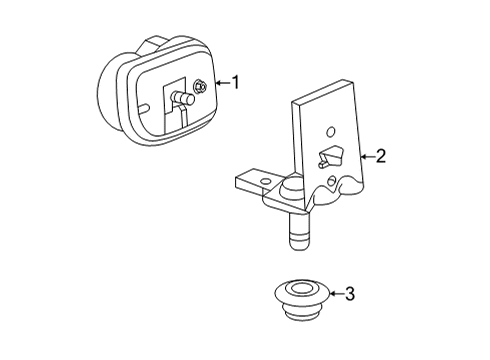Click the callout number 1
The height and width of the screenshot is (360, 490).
(236, 82)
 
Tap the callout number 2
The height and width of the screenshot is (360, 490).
(380, 155)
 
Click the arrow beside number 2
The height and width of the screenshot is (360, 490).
(364, 155)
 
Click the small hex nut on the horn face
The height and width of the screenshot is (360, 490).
(200, 86)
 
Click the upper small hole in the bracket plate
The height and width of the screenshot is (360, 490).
(329, 128)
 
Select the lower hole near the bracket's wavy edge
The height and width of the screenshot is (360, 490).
(329, 182)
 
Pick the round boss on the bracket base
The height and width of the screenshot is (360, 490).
(291, 189)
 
